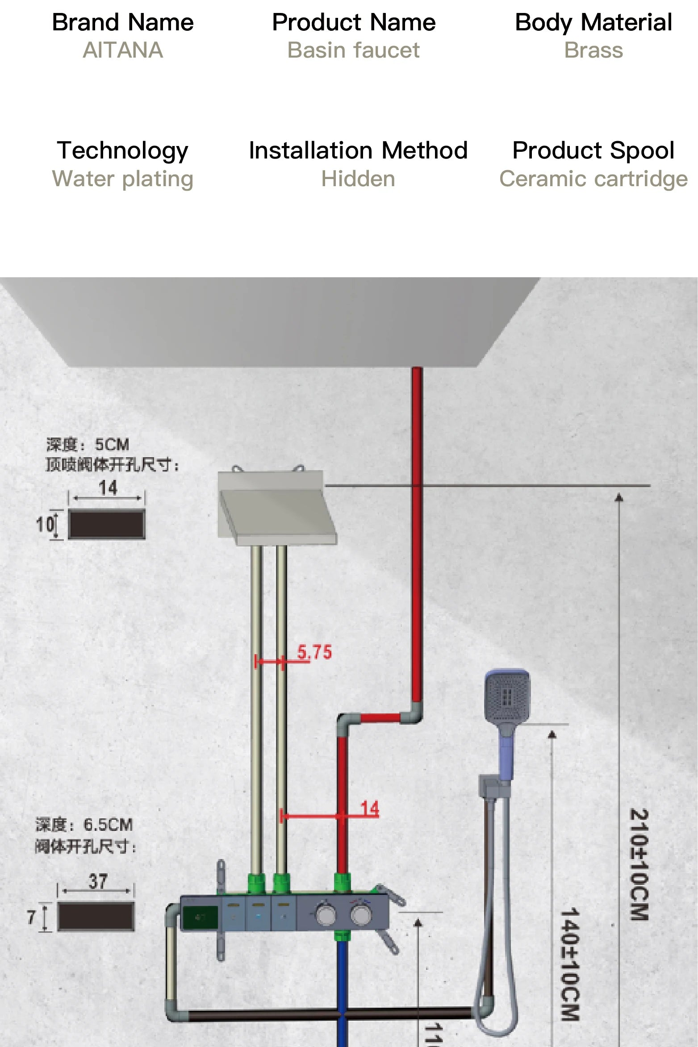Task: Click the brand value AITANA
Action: pyautogui.click(x=123, y=50)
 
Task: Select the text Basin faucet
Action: pyautogui.click(x=353, y=50)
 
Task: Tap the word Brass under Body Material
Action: pyautogui.click(x=594, y=50)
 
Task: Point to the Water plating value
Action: pyautogui.click(x=123, y=179)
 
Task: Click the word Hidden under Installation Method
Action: pyautogui.click(x=358, y=179)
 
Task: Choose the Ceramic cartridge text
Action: pyautogui.click(x=594, y=179)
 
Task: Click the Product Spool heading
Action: pyautogui.click(x=594, y=150)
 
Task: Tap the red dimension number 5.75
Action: pyautogui.click(x=314, y=652)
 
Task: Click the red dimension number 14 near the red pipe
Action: pyautogui.click(x=370, y=809)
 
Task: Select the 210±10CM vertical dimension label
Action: pyautogui.click(x=639, y=864)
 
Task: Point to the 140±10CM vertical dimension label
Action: pyautogui.click(x=570, y=964)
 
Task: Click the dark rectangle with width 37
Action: pyautogui.click(x=96, y=916)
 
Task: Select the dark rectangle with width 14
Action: pyautogui.click(x=107, y=524)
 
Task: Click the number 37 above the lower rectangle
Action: pyautogui.click(x=98, y=881)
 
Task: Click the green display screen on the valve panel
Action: pyautogui.click(x=200, y=918)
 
